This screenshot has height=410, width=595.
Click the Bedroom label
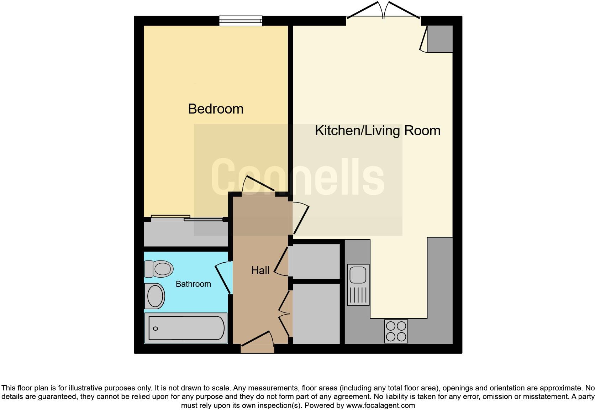point(216,109)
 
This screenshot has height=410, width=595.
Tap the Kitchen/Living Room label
point(378,131)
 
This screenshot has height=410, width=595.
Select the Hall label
point(260,270)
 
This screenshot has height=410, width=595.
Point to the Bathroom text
point(193,284)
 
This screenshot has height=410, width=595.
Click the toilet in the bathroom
point(159,269)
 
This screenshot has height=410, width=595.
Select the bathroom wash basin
point(154,296)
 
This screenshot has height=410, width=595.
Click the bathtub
point(186,328)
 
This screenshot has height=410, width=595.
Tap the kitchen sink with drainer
point(358,285)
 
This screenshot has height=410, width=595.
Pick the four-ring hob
point(396,331)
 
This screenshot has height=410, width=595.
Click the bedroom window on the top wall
point(241,21)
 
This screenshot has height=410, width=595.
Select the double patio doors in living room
point(383,12)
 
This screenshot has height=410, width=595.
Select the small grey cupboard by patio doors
point(439,39)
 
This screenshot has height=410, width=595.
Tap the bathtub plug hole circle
point(155,328)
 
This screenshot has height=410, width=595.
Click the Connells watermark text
point(298,177)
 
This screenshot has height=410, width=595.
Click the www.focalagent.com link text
point(380,405)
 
